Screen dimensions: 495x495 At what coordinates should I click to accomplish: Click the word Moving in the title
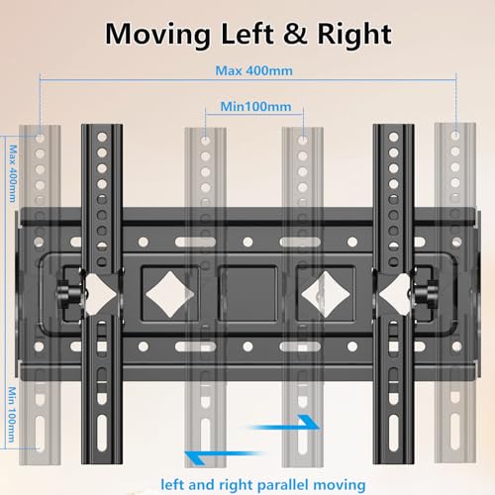click(163, 35)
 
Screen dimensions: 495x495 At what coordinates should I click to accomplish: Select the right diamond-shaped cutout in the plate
click(320, 289)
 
